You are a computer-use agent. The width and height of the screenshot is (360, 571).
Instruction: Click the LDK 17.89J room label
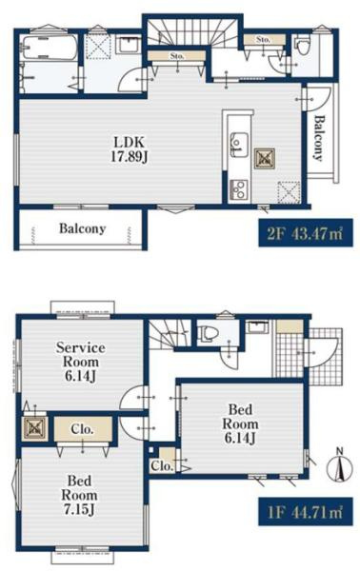130,149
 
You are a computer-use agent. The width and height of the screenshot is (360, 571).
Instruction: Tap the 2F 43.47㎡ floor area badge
306,233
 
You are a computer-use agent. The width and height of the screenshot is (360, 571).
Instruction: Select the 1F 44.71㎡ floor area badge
306,512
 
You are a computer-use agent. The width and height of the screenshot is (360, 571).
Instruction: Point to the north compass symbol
340,467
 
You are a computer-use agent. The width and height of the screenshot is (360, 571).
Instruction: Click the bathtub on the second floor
50,48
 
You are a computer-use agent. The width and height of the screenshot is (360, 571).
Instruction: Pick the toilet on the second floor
302,45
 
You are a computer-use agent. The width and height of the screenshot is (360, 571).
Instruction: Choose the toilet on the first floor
209,333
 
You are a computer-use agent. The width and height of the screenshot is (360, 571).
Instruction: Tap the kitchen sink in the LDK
239,145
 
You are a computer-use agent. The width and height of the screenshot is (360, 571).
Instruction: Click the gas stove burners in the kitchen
239,189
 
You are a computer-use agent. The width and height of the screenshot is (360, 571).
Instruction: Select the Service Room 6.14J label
81,362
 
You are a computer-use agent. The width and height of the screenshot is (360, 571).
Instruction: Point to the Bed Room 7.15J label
79,495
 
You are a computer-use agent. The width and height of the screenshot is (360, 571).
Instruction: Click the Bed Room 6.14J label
240,423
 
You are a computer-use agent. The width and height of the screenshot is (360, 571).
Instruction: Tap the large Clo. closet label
83,429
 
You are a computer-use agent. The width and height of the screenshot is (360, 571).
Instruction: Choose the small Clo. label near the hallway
161,465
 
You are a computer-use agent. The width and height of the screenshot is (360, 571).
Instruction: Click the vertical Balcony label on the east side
319,138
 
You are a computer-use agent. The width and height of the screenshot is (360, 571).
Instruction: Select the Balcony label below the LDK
82,228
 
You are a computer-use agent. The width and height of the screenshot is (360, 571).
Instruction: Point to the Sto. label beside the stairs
177,56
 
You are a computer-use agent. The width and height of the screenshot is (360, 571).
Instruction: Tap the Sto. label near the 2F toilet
263,39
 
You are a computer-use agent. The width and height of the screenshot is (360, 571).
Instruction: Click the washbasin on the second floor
129,45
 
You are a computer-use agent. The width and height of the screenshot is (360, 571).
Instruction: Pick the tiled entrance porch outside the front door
325,356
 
